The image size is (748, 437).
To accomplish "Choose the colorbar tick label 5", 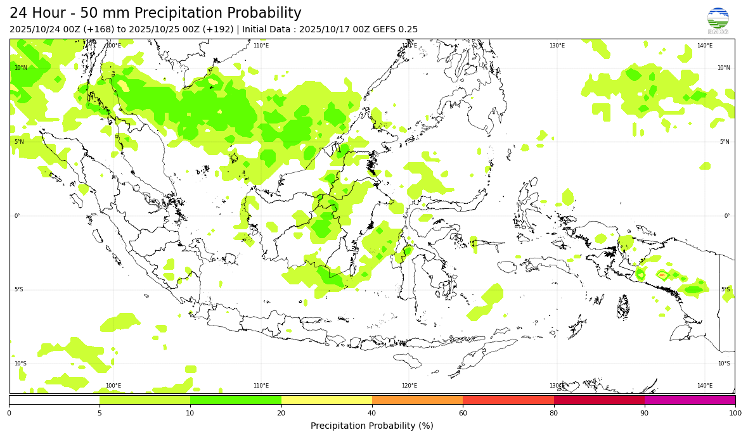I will click(100, 414).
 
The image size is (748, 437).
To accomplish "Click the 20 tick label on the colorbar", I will click(281, 414).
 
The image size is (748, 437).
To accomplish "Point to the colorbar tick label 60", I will click(463, 414).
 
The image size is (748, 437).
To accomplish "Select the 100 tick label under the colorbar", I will click(735, 414).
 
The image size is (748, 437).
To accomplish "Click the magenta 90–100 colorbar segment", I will click(690, 400).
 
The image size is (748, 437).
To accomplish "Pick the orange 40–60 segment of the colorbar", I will click(417, 400).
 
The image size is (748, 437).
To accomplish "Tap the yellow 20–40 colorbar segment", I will click(326, 400).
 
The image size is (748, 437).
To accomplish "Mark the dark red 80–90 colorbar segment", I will click(599, 400).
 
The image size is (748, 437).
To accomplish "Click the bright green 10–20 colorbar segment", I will click(236, 400).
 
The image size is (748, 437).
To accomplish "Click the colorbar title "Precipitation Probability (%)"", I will click(372, 426).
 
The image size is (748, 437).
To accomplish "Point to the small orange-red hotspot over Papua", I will click(662, 275).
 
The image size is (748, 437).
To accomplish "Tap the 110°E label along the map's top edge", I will click(261, 46).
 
